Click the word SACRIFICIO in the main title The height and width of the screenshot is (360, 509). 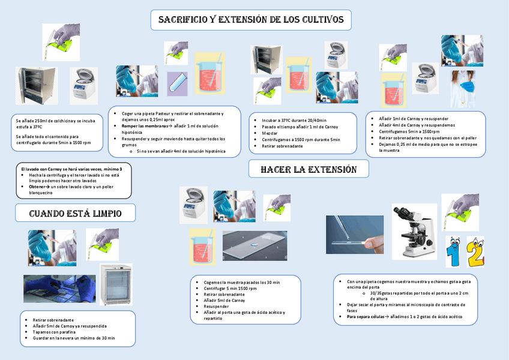point(182,20)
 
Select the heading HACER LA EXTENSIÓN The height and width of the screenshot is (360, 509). point(309,170)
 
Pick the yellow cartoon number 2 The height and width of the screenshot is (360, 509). point(475,252)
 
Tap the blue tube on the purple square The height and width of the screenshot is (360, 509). point(178,82)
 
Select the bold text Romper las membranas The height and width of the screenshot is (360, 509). point(141,126)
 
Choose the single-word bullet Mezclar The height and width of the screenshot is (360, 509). point(270,133)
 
